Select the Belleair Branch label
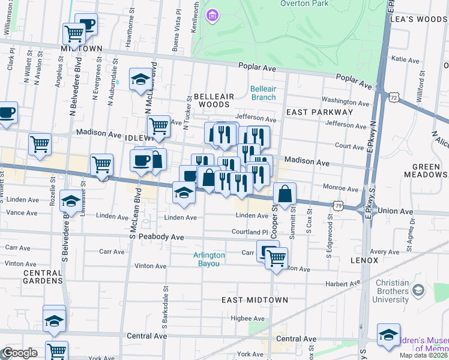tap(263, 93)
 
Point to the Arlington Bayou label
tap(209, 259)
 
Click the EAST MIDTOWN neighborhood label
tap(255, 299)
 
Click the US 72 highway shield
tap(393, 96)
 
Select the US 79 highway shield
tap(340, 205)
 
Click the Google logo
tap(19, 353)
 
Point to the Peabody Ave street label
tap(161, 237)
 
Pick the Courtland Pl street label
tap(250, 232)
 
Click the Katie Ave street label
tap(405, 60)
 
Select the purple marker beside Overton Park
tap(212, 15)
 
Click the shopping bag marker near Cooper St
tap(285, 194)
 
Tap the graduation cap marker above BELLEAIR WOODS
tap(140, 80)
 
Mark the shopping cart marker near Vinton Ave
tap(276, 259)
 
